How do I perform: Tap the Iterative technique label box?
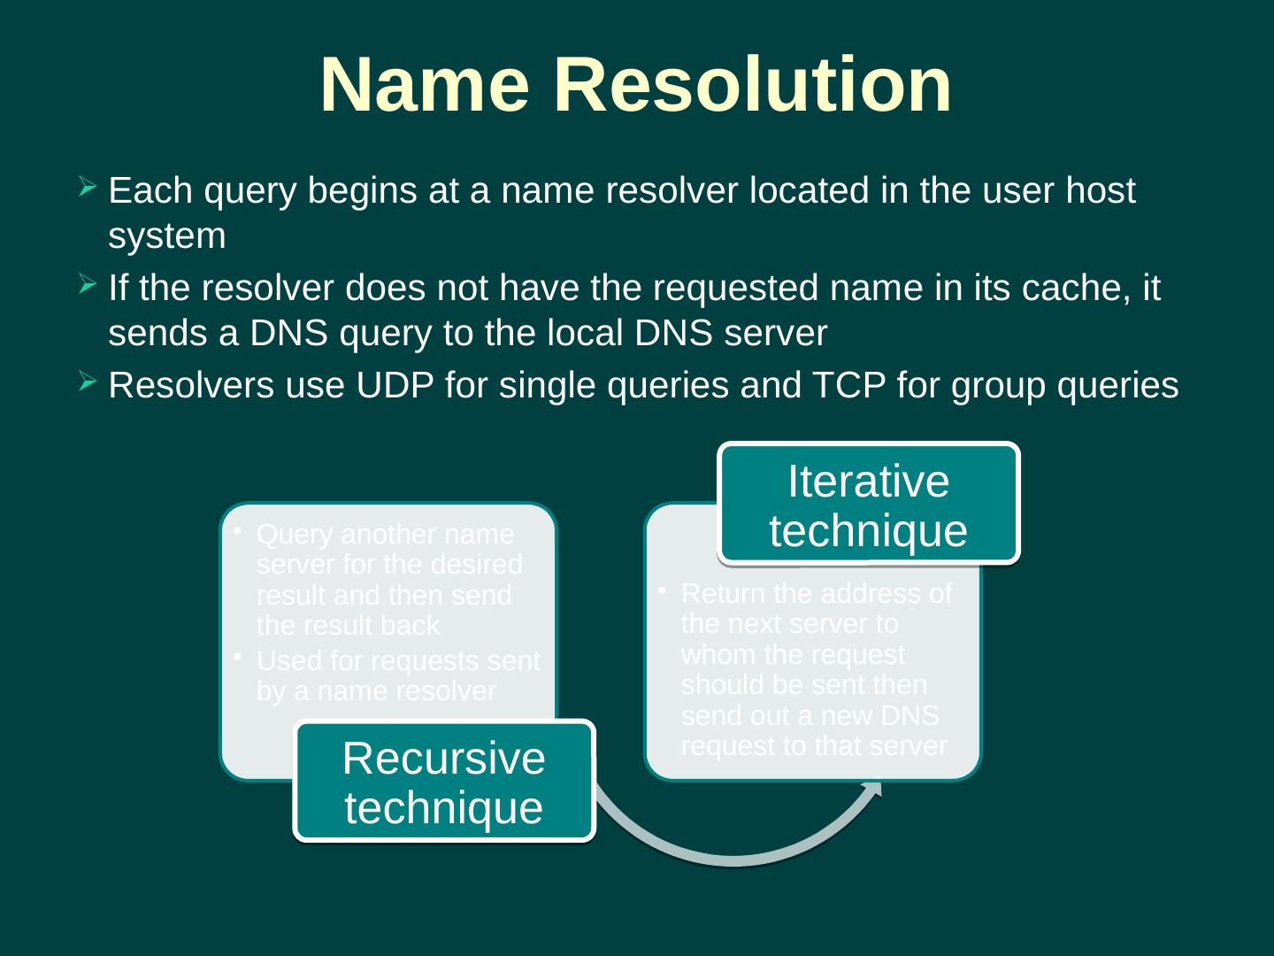868,505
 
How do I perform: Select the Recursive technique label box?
443,783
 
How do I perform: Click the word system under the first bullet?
167,237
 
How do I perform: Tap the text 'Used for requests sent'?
397,661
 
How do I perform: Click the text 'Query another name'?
385,535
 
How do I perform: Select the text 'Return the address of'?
817,593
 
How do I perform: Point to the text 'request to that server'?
814,746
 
